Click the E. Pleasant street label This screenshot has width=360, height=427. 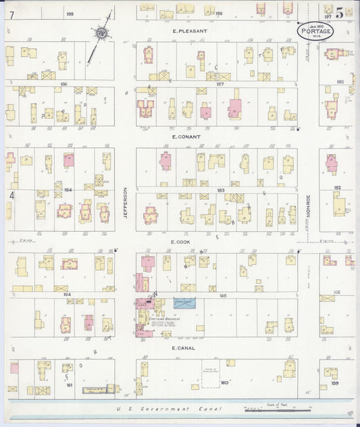pyautogui.click(x=189, y=31)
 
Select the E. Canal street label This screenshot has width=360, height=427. pyautogui.click(x=183, y=348)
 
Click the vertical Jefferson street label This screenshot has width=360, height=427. pyautogui.click(x=125, y=202)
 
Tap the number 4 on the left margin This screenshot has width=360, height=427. pyautogui.click(x=11, y=195)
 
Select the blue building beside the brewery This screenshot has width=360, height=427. pyautogui.click(x=183, y=303)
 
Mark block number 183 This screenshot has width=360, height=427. pyautogui.click(x=220, y=191)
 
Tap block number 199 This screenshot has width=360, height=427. pyautogui.click(x=70, y=14)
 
